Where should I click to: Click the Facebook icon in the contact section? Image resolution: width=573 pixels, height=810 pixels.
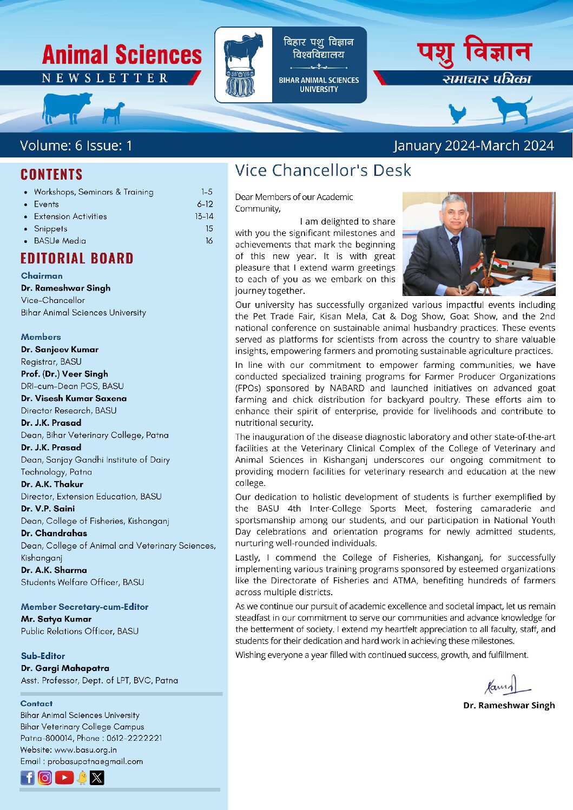point(27,778)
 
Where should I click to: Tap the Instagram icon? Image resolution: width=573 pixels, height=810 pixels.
point(45,778)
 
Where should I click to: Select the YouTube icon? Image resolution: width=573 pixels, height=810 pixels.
point(64,778)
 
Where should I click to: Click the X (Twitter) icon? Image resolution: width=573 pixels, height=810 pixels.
point(97,778)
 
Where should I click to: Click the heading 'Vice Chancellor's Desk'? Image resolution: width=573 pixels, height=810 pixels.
point(323,170)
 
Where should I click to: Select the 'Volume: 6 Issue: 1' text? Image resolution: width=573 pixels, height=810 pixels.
point(76,146)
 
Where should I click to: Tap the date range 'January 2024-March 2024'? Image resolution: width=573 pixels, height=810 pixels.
point(473,146)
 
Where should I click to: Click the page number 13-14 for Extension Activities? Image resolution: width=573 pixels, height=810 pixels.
point(204,216)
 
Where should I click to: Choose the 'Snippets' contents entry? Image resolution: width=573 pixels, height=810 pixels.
point(50,229)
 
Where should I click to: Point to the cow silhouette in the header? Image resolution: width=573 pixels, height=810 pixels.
point(66,106)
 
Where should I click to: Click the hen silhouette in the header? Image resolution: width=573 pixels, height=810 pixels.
point(458,113)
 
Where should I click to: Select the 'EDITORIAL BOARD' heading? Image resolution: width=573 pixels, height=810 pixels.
point(77,258)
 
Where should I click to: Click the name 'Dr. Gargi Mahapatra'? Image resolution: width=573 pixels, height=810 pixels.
point(65,668)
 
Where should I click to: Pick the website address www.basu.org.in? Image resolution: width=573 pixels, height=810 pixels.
point(85,750)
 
